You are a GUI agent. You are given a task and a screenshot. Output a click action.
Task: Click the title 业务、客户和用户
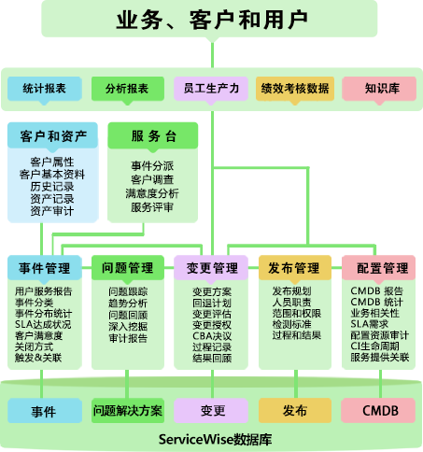click(212, 21)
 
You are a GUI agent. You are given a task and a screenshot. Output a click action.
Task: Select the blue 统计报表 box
click(45, 89)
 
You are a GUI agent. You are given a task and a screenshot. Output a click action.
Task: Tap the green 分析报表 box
click(128, 89)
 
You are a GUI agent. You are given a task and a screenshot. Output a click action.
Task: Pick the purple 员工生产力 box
click(211, 89)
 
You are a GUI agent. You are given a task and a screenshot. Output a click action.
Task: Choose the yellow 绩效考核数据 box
click(295, 89)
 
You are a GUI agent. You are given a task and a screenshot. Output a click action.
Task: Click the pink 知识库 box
click(379, 89)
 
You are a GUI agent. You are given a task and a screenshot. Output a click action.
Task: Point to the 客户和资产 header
click(52, 135)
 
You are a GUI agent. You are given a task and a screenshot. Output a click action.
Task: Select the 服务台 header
click(153, 135)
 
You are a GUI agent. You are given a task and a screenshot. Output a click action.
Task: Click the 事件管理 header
click(45, 267)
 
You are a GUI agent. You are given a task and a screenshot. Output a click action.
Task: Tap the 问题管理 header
click(128, 267)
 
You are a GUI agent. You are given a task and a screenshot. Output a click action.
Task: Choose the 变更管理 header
click(211, 267)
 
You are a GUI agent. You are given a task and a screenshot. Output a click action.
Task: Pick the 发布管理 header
click(295, 267)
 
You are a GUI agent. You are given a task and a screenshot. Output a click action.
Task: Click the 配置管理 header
click(378, 267)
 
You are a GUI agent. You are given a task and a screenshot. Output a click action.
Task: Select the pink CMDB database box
click(378, 410)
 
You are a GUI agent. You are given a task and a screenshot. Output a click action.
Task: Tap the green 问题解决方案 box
click(128, 410)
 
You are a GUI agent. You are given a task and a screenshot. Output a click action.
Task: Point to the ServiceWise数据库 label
click(215, 439)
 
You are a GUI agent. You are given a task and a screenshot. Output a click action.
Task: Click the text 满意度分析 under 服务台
click(152, 193)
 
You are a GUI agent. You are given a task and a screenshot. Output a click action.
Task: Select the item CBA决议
click(212, 336)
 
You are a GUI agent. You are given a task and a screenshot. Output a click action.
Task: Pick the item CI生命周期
click(374, 346)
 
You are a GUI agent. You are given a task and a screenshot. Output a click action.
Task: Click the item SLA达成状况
click(43, 325)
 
